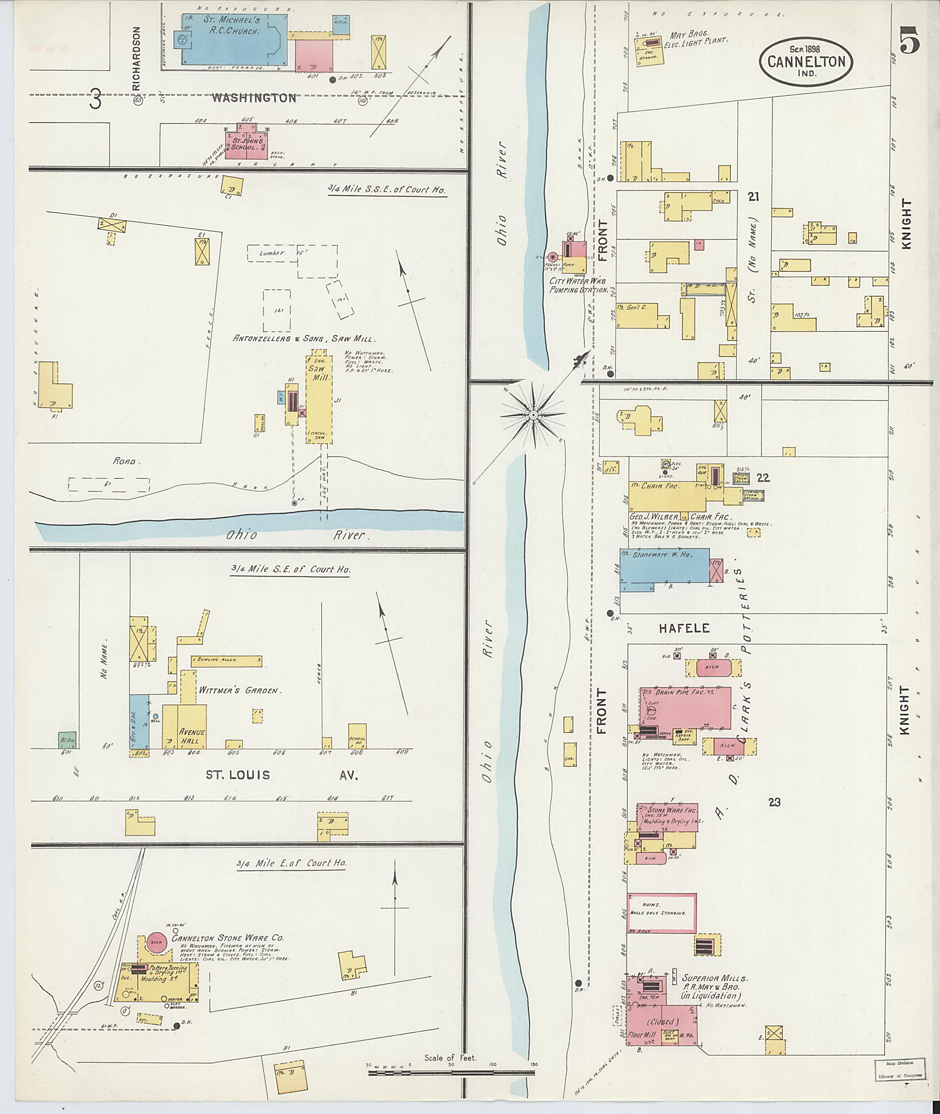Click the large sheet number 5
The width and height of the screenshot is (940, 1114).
point(910,40)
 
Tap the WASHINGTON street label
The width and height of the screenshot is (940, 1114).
point(254,98)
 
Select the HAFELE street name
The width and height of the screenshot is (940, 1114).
point(684,628)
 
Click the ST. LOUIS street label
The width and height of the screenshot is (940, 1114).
point(238,775)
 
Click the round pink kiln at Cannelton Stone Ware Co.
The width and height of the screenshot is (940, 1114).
point(156,942)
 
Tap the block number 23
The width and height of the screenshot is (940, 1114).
point(774,802)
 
